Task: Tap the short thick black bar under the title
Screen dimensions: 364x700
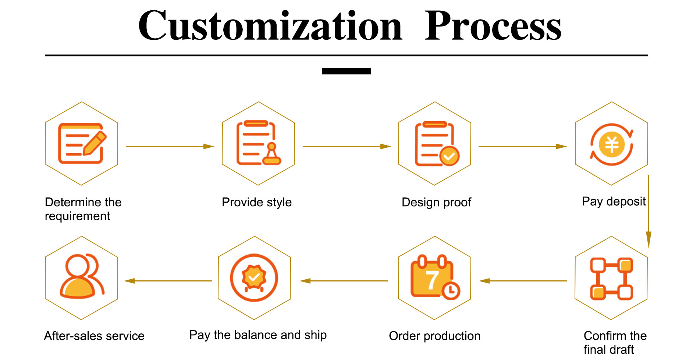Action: [x=346, y=71]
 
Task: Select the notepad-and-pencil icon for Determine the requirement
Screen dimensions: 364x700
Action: [x=82, y=143]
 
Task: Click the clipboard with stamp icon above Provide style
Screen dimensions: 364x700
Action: [x=258, y=143]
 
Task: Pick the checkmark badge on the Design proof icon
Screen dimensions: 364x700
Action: [x=449, y=156]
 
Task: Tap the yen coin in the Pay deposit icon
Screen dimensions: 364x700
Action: [x=612, y=144]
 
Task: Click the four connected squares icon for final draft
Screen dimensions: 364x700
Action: [x=611, y=279]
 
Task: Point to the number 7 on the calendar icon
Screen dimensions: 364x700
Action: [x=432, y=280]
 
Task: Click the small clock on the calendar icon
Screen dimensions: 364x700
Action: [x=451, y=290]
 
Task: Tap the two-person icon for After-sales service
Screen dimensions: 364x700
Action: [x=82, y=276]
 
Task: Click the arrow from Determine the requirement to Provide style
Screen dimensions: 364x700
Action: [x=169, y=146]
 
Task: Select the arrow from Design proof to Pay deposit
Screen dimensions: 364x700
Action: [x=522, y=146]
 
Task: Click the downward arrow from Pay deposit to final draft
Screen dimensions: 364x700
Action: [x=649, y=212]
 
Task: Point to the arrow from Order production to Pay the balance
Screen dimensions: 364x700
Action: [x=344, y=281]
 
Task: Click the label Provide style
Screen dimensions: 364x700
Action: [x=257, y=202]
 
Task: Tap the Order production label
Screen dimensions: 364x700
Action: [x=435, y=336]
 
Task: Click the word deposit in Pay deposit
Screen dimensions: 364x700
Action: [x=626, y=202]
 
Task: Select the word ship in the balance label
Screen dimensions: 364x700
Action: [x=315, y=335]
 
